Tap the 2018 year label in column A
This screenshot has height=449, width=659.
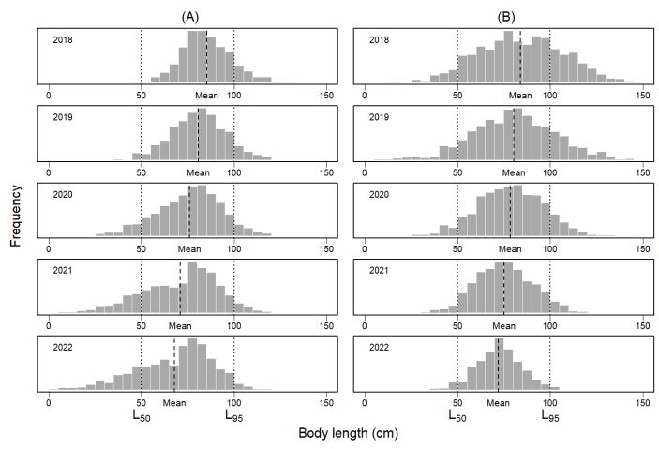coord(63,40)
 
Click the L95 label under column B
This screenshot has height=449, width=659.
coord(551,413)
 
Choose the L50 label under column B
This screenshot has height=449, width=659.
coord(457,413)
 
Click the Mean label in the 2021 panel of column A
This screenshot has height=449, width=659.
coord(180,326)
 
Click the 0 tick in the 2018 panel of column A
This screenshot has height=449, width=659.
coord(48,96)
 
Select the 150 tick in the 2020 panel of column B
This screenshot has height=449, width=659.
coord(644,249)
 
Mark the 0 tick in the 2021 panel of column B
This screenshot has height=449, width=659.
coord(364,326)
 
